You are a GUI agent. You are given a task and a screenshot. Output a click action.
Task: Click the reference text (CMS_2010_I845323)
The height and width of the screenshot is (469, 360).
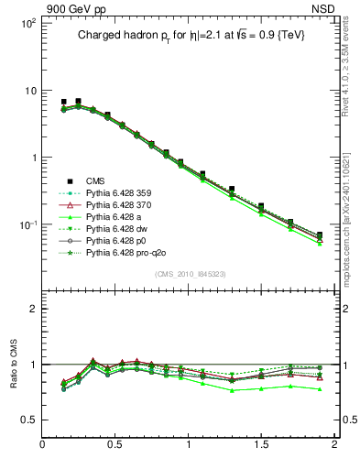[x=188, y=275]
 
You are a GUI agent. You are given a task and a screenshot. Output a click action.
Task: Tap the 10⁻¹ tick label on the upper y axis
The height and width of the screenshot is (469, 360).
[x=25, y=224]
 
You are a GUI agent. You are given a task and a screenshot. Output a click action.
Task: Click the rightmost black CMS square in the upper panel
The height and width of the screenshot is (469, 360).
[x=319, y=234]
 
